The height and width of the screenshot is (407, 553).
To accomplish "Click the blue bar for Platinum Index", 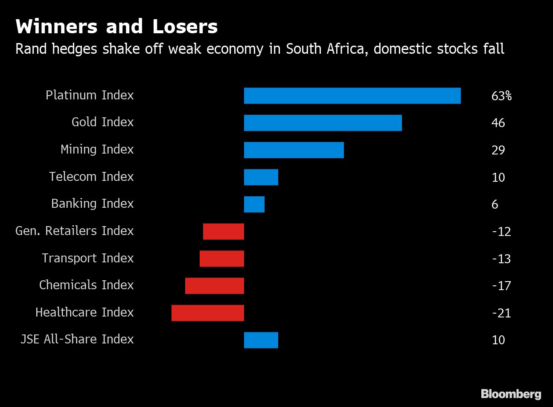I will tap(352, 96).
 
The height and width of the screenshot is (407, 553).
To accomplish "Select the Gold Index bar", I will tap(323, 123).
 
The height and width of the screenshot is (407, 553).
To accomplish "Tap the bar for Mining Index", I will tap(294, 150).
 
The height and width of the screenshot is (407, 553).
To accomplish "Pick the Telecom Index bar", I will tap(261, 177).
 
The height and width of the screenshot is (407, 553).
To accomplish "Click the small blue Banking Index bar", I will tap(254, 204).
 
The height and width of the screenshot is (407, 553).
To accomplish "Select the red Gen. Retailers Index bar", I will tap(223, 232).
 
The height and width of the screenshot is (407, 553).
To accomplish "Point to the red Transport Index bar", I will tap(221, 259).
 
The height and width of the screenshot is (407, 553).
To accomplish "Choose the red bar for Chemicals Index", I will tap(214, 286).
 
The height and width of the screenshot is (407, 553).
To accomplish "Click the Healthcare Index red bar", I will tap(207, 313).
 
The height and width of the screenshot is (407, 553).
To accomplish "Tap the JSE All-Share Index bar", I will tap(261, 340).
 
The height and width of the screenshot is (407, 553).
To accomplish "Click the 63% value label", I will tap(501, 96).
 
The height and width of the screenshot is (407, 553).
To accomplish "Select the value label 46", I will tap(498, 123).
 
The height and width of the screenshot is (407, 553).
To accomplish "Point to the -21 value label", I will tap(501, 313).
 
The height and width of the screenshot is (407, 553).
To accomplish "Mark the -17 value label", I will tap(501, 286).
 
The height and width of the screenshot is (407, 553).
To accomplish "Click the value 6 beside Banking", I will tap(495, 204).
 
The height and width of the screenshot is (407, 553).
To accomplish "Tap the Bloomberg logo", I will tap(511, 394).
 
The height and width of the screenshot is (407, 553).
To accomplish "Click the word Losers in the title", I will tap(185, 26).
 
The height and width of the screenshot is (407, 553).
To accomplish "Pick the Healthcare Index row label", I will tap(84, 312).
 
